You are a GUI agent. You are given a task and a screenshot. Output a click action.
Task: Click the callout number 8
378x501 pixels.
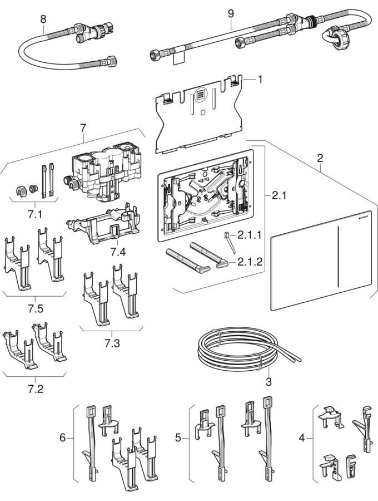43,19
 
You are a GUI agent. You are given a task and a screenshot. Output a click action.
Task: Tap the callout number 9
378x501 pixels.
231,13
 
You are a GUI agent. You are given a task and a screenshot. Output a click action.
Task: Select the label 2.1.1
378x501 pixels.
250,235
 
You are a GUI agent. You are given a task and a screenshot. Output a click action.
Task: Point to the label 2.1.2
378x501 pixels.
250,262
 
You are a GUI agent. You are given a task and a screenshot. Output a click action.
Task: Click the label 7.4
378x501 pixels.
118,252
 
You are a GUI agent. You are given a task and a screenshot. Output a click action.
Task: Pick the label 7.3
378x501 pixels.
112,343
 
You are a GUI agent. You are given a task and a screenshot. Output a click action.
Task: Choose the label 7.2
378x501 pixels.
36,389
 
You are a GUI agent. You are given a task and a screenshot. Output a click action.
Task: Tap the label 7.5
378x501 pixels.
36,309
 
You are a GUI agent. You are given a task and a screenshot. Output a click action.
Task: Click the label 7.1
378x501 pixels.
35,214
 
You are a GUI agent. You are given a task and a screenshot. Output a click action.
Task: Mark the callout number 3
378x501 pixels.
268,381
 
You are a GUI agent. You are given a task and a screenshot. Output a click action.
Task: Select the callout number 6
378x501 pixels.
62,438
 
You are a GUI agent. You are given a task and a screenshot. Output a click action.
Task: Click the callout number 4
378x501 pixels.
302,438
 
